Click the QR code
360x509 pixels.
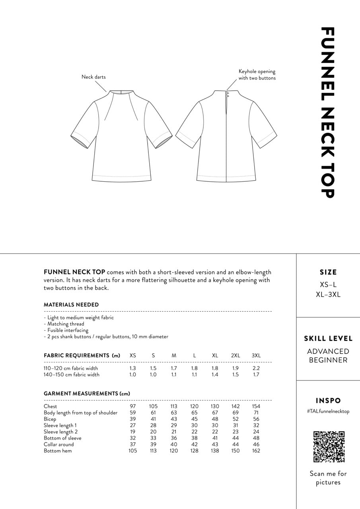pyautogui.click(x=329, y=447)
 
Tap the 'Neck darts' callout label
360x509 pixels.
pyautogui.click(x=93, y=77)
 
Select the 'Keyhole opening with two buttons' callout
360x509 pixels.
pyautogui.click(x=257, y=75)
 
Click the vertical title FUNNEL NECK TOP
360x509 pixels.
pyautogui.click(x=327, y=112)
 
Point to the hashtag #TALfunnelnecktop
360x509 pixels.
pyautogui.click(x=328, y=412)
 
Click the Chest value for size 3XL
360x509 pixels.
pyautogui.click(x=256, y=406)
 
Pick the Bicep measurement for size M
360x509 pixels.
pyautogui.click(x=174, y=419)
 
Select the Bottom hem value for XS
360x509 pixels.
pyautogui.click(x=133, y=451)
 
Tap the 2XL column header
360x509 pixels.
pyautogui.click(x=235, y=356)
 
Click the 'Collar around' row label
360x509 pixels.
pyautogui.click(x=59, y=445)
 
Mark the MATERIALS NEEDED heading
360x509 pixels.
pyautogui.click(x=71, y=305)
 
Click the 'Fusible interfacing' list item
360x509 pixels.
pyautogui.click(x=66, y=330)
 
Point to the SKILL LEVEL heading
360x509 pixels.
pyautogui.click(x=328, y=339)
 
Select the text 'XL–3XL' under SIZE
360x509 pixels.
pyautogui.click(x=328, y=295)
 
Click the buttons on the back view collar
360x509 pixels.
pyautogui.click(x=228, y=94)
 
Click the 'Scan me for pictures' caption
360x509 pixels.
pyautogui.click(x=328, y=478)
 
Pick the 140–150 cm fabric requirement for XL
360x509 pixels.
pyautogui.click(x=215, y=375)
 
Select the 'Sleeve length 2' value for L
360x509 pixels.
pyautogui.click(x=195, y=432)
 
